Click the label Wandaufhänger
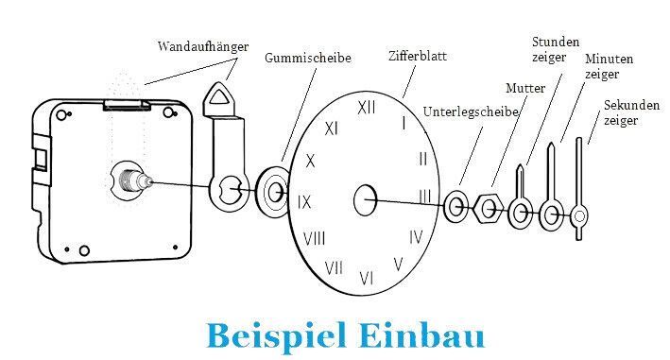(203, 46)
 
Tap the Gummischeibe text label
(308, 58)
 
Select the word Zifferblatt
(418, 56)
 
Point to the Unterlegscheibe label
(471, 111)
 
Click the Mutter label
(525, 89)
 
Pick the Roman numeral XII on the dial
(367, 108)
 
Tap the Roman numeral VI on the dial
(367, 279)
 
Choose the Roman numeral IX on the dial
(304, 201)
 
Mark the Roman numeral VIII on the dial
(314, 238)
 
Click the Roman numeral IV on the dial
(416, 237)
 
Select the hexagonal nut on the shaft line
(489, 209)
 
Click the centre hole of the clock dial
(366, 200)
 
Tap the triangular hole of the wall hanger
(219, 96)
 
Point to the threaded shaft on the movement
(134, 180)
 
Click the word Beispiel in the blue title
(277, 336)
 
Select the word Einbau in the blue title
(421, 336)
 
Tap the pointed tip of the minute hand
(551, 143)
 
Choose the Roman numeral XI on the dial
(331, 129)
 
